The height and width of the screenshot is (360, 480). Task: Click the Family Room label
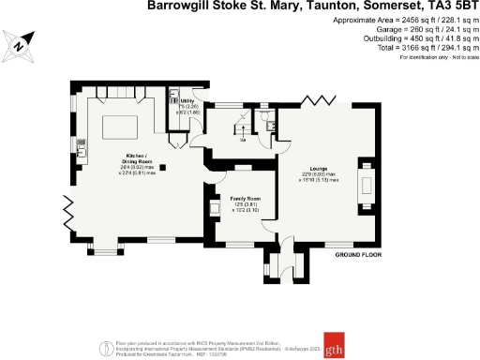click(x=232, y=201)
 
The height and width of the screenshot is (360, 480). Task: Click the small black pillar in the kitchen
click(x=162, y=168)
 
